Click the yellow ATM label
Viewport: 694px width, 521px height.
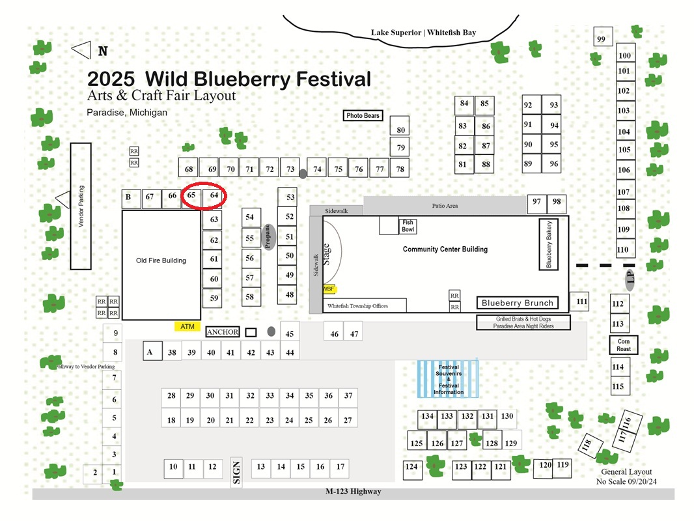pyautogui.click(x=187, y=327)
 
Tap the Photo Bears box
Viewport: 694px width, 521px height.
pyautogui.click(x=363, y=115)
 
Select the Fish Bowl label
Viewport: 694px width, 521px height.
pyautogui.click(x=408, y=226)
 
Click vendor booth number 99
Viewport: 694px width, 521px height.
pyautogui.click(x=603, y=36)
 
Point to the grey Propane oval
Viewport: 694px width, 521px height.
pyautogui.click(x=268, y=237)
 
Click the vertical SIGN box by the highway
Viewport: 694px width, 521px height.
pyautogui.click(x=236, y=472)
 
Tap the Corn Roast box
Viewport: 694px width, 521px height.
pyautogui.click(x=624, y=345)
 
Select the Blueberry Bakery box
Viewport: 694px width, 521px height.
pyautogui.click(x=548, y=244)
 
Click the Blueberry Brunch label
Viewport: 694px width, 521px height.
pyautogui.click(x=518, y=303)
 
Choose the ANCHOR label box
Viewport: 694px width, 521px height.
pyautogui.click(x=222, y=332)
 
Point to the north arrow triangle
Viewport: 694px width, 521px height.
pyautogui.click(x=82, y=49)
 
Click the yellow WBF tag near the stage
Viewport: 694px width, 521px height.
pyautogui.click(x=329, y=289)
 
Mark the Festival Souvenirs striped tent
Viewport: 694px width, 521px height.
pyautogui.click(x=448, y=379)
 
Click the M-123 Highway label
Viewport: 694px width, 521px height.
pyautogui.click(x=354, y=491)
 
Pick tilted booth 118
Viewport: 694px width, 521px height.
pyautogui.click(x=590, y=445)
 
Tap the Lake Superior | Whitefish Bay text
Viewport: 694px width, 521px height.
pyautogui.click(x=424, y=33)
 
